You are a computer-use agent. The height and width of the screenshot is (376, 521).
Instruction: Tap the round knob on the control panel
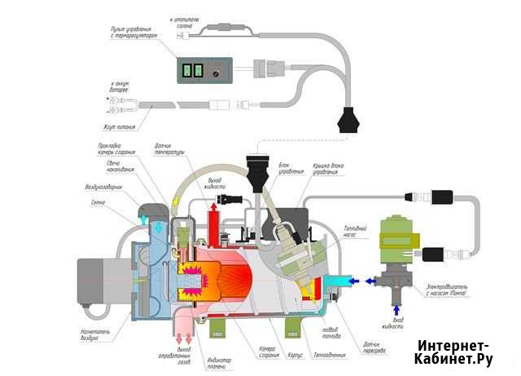pos(216,72)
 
